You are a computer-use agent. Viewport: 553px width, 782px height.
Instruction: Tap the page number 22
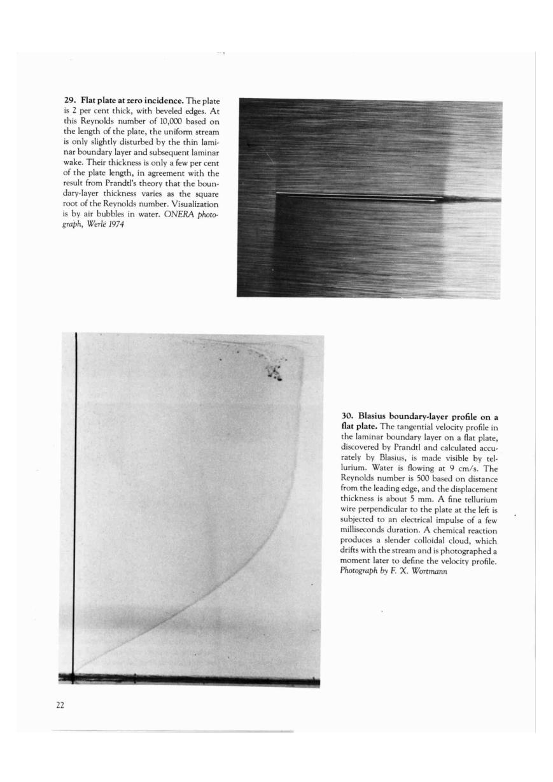60,705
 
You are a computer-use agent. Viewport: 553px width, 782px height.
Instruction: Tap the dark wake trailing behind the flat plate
474,200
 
